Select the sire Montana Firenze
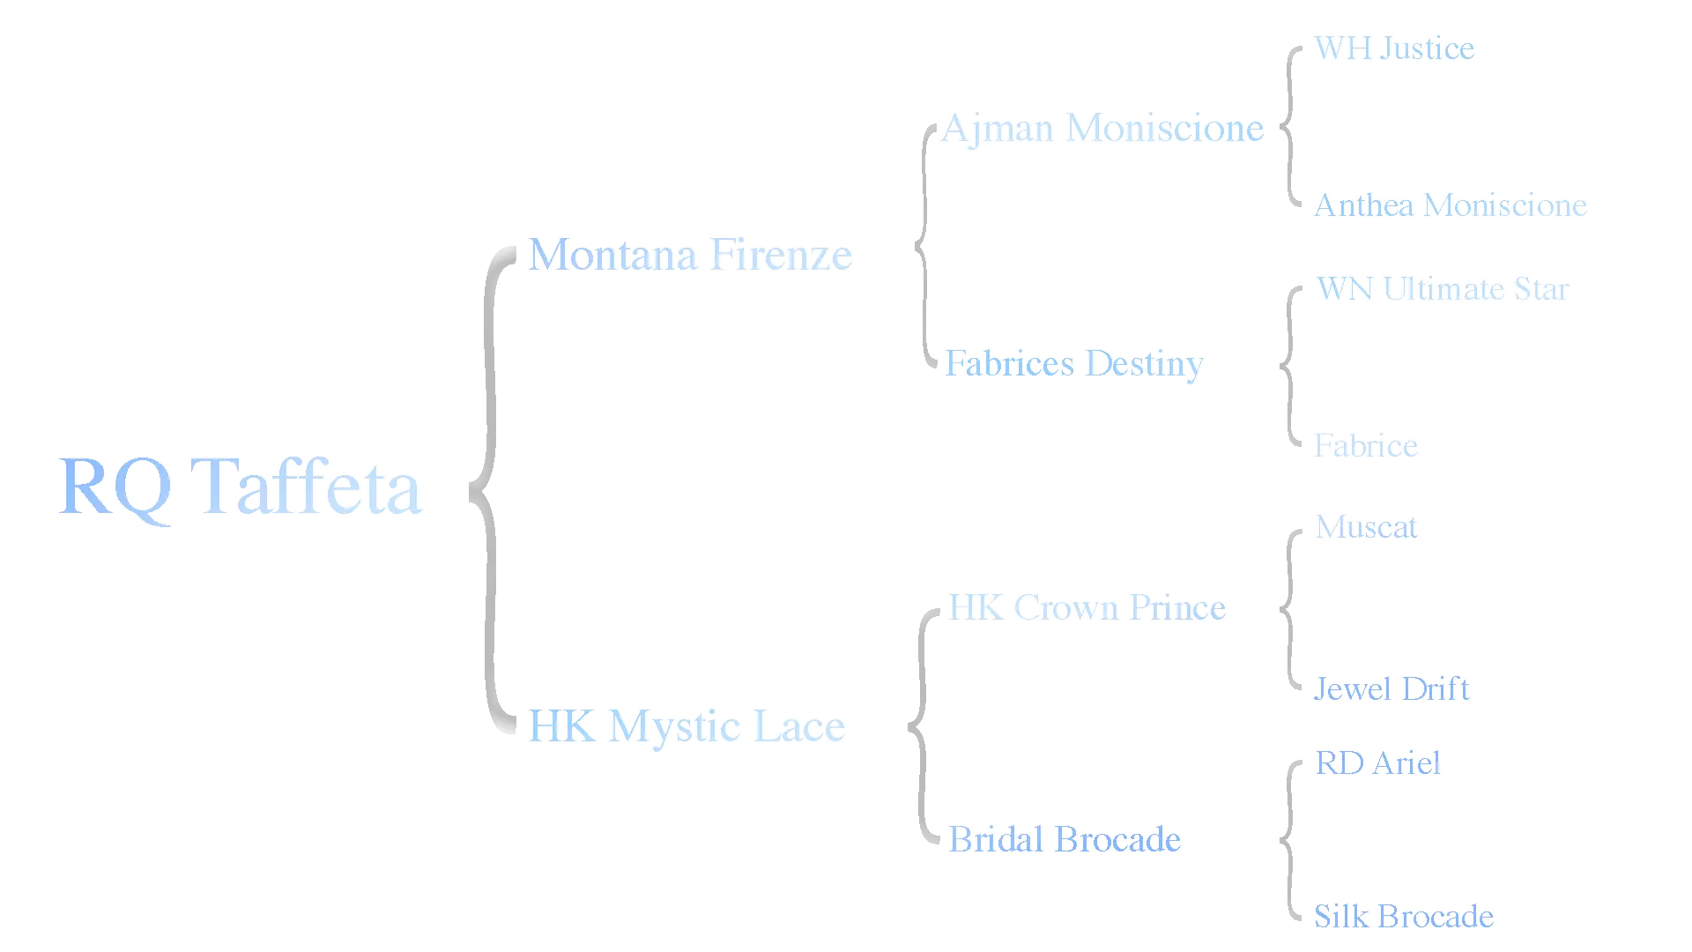tap(691, 255)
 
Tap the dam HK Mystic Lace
tap(687, 726)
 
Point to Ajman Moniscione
tap(1103, 129)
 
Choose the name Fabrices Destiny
tap(1075, 363)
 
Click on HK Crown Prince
tap(1087, 607)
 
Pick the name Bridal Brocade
tap(1064, 838)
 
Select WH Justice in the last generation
tap(1395, 48)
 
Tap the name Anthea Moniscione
tap(1451, 205)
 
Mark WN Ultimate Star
tap(1443, 288)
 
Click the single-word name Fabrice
tap(1366, 446)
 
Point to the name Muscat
tap(1367, 527)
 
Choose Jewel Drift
tap(1391, 688)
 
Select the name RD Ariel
tap(1378, 763)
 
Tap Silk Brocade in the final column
tap(1404, 916)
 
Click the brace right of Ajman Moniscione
tap(1290, 126)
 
